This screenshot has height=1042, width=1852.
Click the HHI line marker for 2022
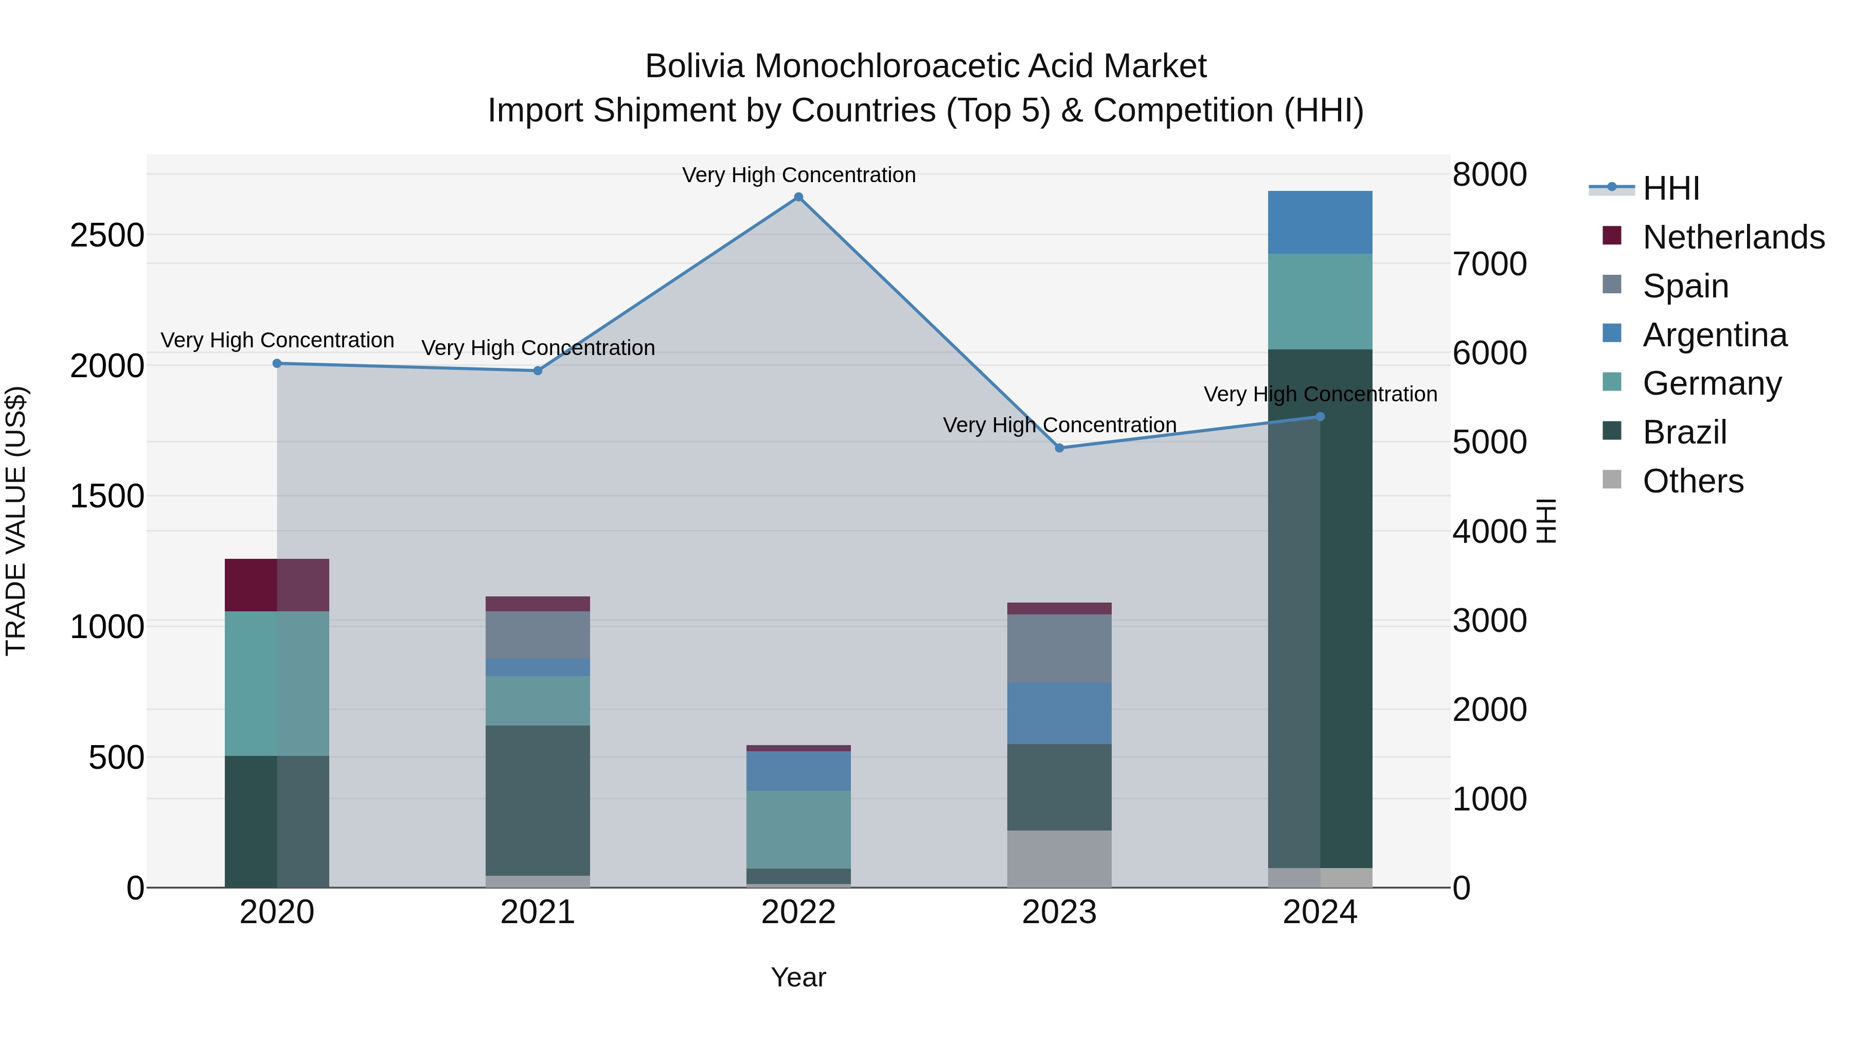click(x=798, y=197)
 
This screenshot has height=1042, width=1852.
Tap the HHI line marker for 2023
click(x=1059, y=448)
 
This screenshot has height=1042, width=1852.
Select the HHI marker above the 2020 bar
click(x=277, y=363)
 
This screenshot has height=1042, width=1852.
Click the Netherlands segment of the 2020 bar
click(x=277, y=585)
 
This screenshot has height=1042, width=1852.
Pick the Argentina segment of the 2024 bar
click(x=1320, y=222)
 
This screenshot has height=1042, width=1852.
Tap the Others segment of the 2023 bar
click(x=1059, y=859)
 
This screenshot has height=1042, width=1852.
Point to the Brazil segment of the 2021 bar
click(x=538, y=800)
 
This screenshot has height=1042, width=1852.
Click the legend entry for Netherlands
click(x=1733, y=237)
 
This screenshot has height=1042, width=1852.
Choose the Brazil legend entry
click(x=1684, y=432)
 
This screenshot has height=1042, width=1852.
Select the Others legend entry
click(x=1693, y=481)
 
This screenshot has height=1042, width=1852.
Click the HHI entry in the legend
click(x=1671, y=188)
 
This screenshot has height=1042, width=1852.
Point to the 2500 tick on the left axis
click(x=106, y=235)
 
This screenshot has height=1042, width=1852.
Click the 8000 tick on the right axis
click(x=1489, y=175)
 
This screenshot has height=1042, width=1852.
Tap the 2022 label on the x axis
click(x=798, y=912)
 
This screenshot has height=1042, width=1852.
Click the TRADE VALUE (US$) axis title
click(x=16, y=521)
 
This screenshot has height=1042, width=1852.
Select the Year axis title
click(x=798, y=977)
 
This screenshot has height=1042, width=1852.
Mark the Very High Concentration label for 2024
click(x=1320, y=394)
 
